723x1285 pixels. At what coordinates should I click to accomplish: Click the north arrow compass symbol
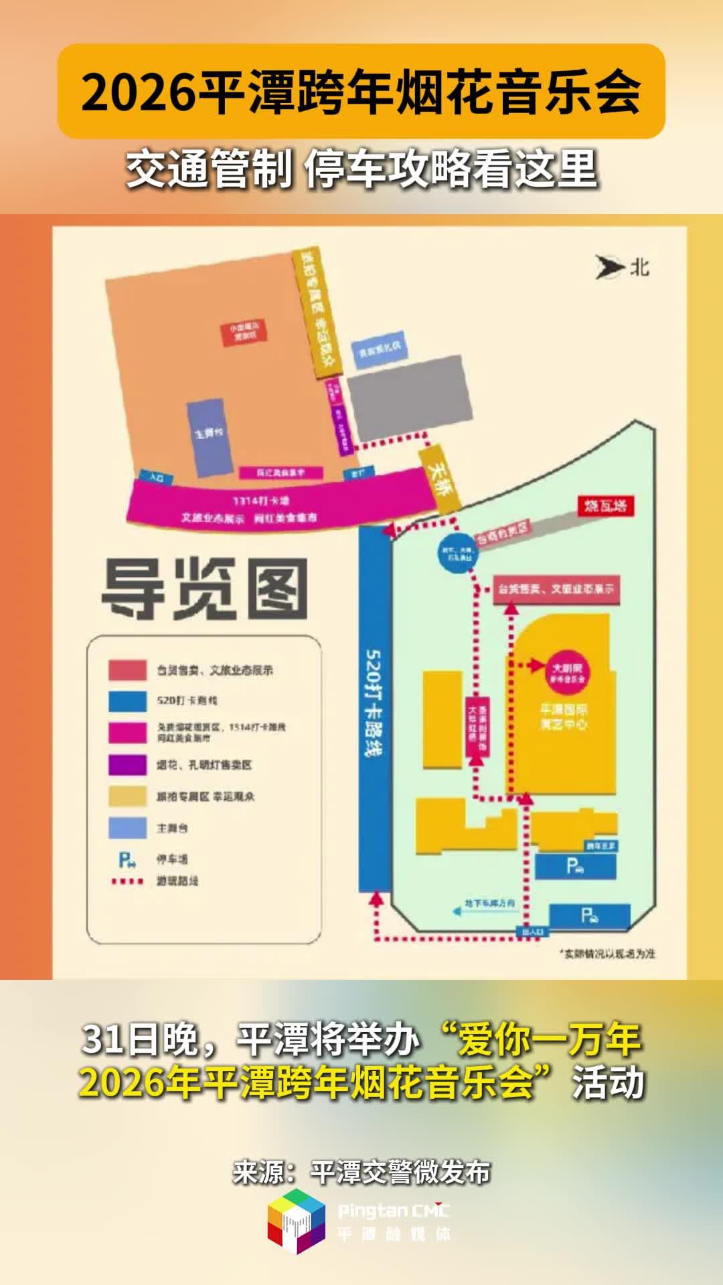click(x=610, y=267)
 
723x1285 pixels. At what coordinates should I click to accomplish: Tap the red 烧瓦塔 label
click(x=606, y=505)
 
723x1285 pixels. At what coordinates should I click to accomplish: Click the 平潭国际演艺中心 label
click(x=564, y=717)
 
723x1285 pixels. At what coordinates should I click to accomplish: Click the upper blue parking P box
click(x=575, y=867)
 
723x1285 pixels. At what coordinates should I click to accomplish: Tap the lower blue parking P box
click(x=589, y=916)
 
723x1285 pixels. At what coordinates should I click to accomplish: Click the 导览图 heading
click(x=204, y=589)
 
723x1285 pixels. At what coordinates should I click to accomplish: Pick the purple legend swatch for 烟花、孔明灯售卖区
click(x=127, y=764)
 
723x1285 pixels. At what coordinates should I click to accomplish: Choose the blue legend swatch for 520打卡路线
click(x=127, y=701)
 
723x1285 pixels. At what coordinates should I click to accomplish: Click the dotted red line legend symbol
click(x=127, y=881)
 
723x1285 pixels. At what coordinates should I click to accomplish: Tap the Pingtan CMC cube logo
click(x=297, y=1221)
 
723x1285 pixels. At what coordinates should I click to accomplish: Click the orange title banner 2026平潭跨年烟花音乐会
click(x=361, y=92)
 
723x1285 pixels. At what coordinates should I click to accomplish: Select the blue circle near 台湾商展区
click(x=459, y=553)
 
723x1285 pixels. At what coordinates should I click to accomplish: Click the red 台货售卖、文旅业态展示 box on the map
click(x=556, y=590)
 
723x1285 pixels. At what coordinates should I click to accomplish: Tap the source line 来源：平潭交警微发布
click(x=361, y=1172)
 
